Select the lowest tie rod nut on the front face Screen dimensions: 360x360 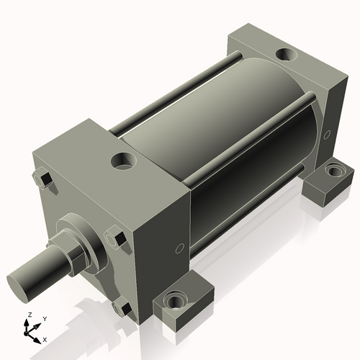click(120, 309)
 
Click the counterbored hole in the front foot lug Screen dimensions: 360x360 click(174, 299)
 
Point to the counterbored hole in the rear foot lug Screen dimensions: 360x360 click(333, 171)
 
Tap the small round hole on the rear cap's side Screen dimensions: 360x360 click(328, 134)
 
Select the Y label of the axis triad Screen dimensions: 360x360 click(44, 318)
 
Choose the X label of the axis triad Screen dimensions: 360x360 click(45, 338)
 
